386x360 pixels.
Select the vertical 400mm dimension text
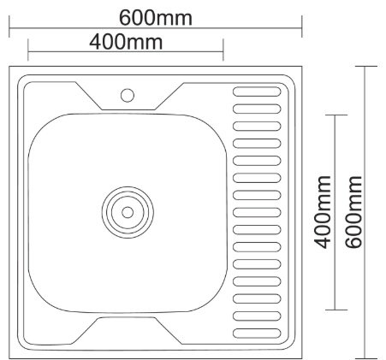[x=324, y=211]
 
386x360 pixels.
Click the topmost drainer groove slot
[x=257, y=89]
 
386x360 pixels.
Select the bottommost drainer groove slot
[x=257, y=331]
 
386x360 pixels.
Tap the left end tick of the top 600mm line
[x=10, y=29]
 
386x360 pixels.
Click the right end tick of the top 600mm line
[x=302, y=29]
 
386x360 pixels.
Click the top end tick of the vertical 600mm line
[x=368, y=67]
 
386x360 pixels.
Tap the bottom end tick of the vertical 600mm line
[x=368, y=356]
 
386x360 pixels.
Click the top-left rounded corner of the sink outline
[x=15, y=70]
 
